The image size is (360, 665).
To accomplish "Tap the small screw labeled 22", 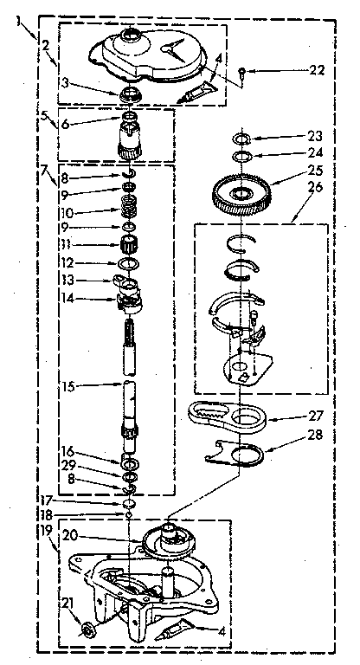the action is tap(241, 71).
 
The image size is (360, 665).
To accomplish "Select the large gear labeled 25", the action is tap(241, 194).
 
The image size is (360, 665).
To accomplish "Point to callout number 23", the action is tap(314, 137).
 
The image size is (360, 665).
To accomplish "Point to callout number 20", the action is tap(71, 535).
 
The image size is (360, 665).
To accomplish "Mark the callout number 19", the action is tap(48, 528).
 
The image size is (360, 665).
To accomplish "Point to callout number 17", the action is tap(46, 500).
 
